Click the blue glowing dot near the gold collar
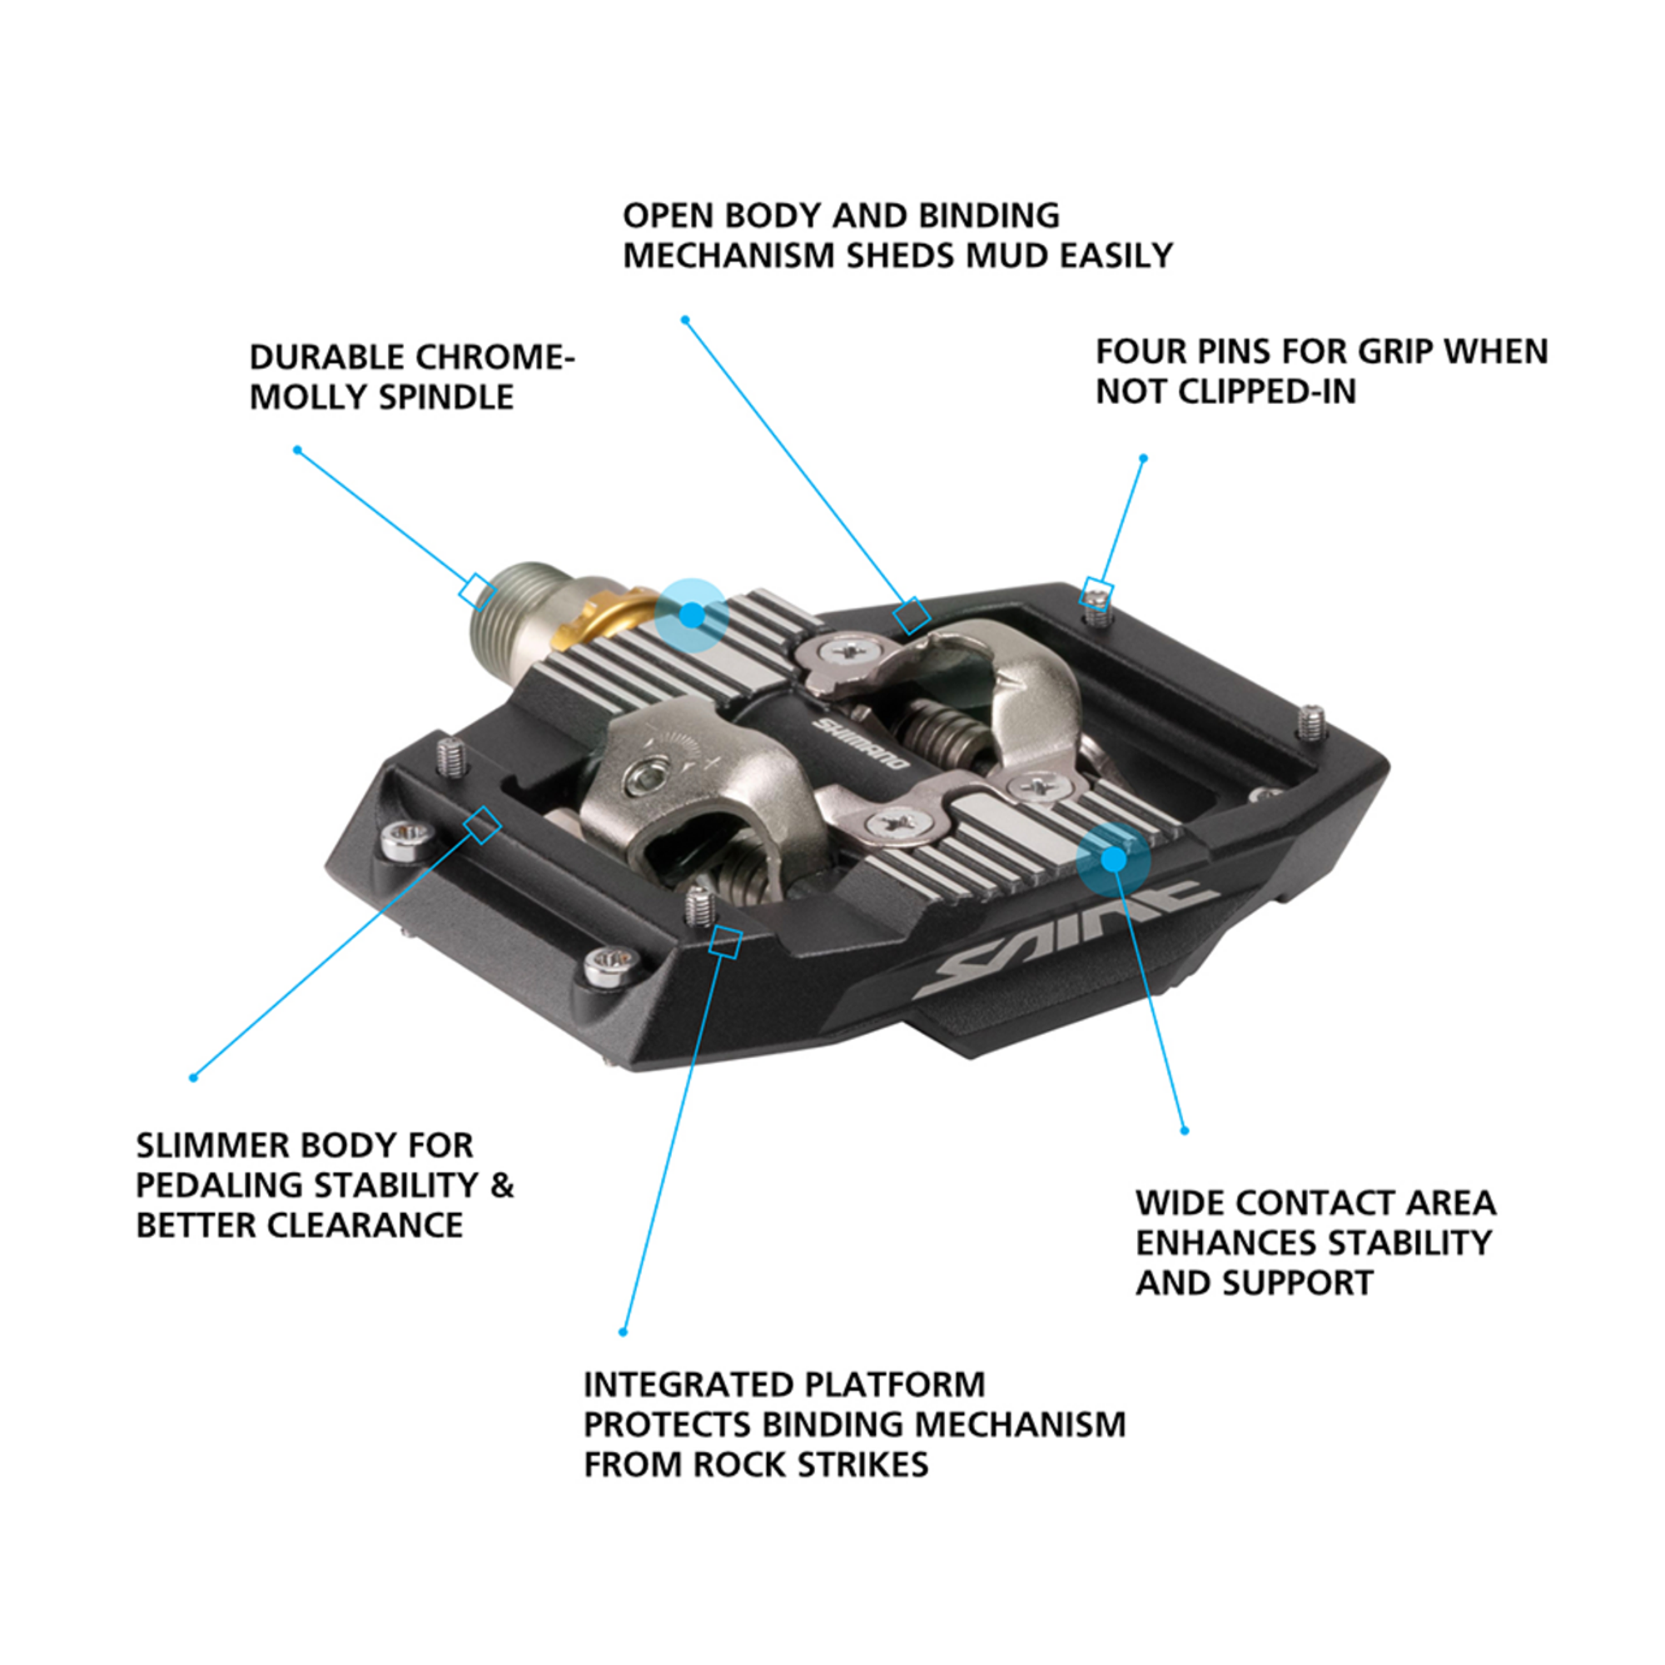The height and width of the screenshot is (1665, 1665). [x=691, y=614]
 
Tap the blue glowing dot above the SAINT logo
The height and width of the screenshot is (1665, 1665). [x=1113, y=859]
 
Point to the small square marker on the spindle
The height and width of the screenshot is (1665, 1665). [x=476, y=592]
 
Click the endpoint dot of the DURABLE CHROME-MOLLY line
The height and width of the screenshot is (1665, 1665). [x=297, y=450]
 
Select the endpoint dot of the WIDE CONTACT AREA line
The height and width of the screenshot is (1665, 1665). [x=1184, y=1131]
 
